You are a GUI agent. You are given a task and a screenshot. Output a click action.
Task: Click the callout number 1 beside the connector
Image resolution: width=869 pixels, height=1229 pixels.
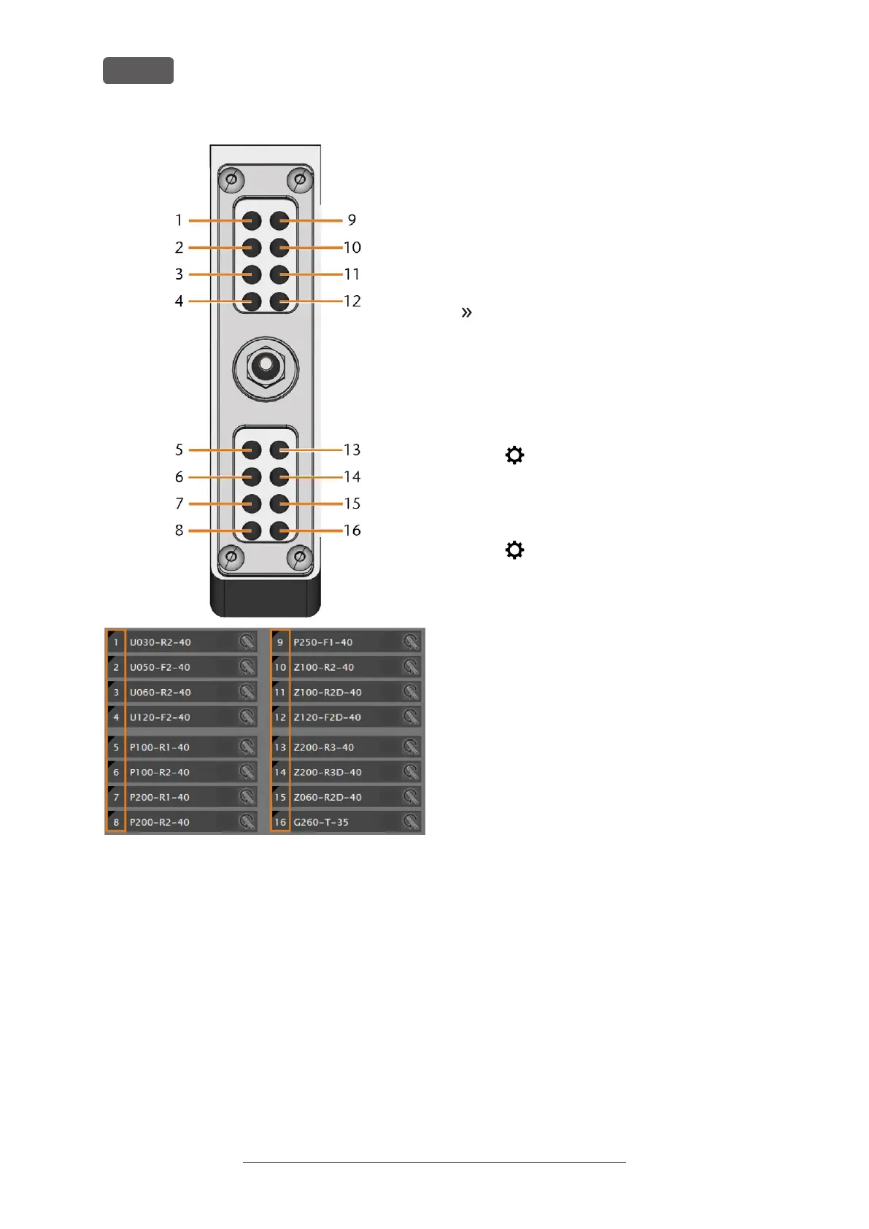pyautogui.click(x=179, y=220)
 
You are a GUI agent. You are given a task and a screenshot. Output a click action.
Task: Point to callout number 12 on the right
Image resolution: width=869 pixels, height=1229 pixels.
pyautogui.click(x=352, y=301)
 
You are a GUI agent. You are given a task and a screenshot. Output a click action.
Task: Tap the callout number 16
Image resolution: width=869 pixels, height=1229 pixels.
pyautogui.click(x=352, y=531)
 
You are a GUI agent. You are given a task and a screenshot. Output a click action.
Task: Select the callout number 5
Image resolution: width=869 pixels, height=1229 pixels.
pyautogui.click(x=179, y=450)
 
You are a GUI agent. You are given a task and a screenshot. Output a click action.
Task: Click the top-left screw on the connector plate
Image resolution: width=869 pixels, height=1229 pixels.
pyautogui.click(x=231, y=180)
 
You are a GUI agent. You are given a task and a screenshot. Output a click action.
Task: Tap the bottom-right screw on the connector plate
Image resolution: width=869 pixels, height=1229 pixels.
pyautogui.click(x=299, y=558)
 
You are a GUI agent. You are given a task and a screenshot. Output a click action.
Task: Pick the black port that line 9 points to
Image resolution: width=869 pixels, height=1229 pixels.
pyautogui.click(x=279, y=220)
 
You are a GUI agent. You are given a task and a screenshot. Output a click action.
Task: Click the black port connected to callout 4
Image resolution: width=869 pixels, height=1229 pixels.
pyautogui.click(x=252, y=301)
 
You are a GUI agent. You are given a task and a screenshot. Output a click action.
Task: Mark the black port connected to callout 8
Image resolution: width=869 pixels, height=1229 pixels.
pyautogui.click(x=252, y=531)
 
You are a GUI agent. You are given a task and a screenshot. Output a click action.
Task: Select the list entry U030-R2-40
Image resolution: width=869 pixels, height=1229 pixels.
pyautogui.click(x=161, y=642)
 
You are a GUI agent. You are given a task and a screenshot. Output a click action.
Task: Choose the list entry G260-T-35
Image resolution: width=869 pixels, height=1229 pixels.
pyautogui.click(x=321, y=822)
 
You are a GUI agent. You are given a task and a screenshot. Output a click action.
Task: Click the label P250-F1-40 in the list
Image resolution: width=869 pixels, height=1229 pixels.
pyautogui.click(x=323, y=642)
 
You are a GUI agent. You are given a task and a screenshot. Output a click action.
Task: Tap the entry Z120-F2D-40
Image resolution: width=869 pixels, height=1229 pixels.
pyautogui.click(x=328, y=717)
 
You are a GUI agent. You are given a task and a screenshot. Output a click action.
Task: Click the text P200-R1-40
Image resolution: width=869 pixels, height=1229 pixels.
pyautogui.click(x=160, y=798)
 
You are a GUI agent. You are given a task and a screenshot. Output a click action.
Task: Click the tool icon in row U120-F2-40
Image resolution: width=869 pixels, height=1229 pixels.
pyautogui.click(x=247, y=717)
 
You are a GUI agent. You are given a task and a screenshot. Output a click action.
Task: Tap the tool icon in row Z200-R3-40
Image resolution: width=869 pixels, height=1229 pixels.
pyautogui.click(x=412, y=747)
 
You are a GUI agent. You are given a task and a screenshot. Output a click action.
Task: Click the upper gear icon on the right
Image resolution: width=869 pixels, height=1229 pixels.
pyautogui.click(x=514, y=455)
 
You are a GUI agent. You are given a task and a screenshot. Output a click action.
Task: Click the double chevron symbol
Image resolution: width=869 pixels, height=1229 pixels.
pyautogui.click(x=467, y=312)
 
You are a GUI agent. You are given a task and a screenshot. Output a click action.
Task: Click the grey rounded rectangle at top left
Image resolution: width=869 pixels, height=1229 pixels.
pyautogui.click(x=138, y=71)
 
